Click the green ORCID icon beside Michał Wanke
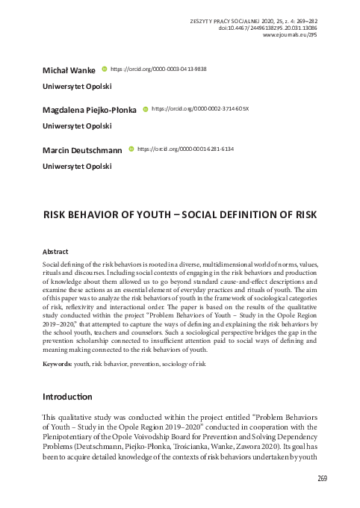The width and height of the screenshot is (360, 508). pos(104,69)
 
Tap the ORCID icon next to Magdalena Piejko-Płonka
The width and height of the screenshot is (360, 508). pos(144,109)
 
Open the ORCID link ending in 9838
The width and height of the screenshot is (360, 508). pos(158,69)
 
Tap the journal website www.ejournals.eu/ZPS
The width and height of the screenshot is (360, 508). pos(296,34)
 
